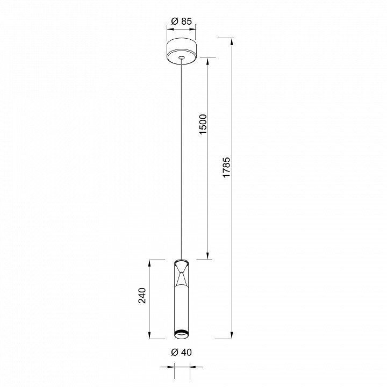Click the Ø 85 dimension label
point(182,21)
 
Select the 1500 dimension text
point(203,124)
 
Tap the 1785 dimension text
point(226,167)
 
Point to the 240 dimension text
point(142,295)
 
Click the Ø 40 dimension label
point(182,352)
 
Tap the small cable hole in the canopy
point(182,58)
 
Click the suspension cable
point(182,159)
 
